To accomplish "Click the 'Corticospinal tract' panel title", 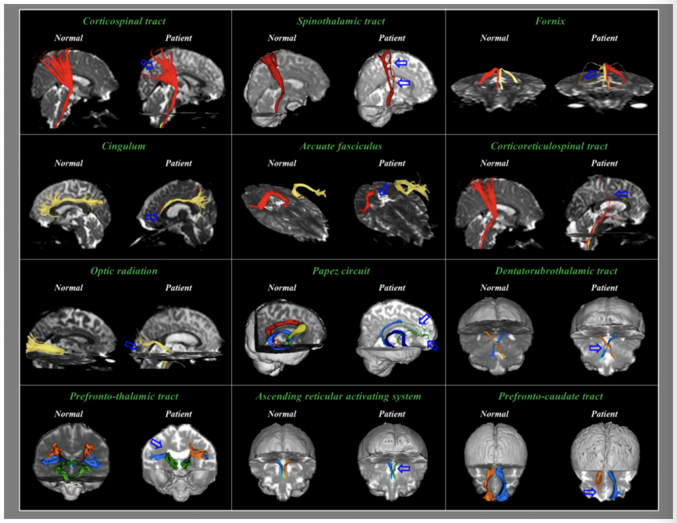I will [x=124, y=21].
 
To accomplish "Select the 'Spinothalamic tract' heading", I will [x=340, y=21].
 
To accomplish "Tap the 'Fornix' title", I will [x=550, y=21].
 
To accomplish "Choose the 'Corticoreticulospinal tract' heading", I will [x=549, y=146].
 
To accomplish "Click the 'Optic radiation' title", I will [x=124, y=271].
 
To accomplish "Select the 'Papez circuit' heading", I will [x=340, y=271].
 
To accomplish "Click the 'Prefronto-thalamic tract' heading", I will [x=124, y=397].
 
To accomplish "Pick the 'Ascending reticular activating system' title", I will [x=338, y=397].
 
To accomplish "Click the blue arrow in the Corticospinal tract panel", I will [x=147, y=64].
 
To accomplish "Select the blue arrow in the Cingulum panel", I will [x=151, y=216].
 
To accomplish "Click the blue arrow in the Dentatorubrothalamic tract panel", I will [x=595, y=348].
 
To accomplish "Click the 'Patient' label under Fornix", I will [x=604, y=38].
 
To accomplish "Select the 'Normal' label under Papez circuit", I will [x=282, y=288].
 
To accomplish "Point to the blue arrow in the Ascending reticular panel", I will [x=403, y=468].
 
